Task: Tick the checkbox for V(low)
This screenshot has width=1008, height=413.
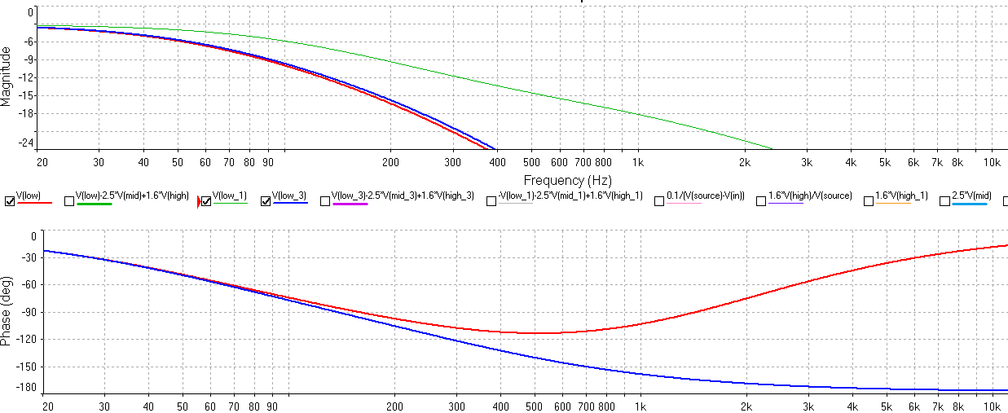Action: coord(10,201)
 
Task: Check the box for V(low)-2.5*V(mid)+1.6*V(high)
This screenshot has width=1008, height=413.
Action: coord(69,201)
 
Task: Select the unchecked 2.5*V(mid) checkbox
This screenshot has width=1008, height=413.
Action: coord(944,201)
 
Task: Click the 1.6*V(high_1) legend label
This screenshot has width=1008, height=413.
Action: coord(901,196)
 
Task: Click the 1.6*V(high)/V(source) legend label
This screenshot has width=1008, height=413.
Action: coord(810,196)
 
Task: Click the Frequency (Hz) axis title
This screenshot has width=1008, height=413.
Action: coord(567,180)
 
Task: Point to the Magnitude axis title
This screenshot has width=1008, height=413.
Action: coord(7,77)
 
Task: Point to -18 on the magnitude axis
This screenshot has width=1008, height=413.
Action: coord(29,113)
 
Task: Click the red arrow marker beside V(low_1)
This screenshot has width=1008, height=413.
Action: coord(198,201)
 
